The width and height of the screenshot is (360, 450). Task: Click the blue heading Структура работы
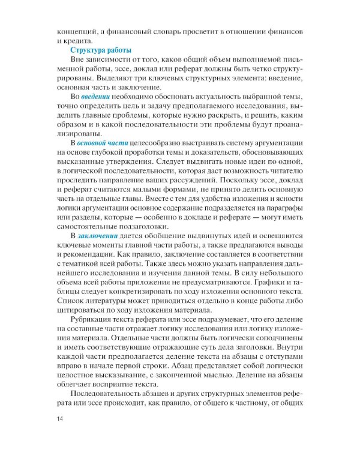101,50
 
